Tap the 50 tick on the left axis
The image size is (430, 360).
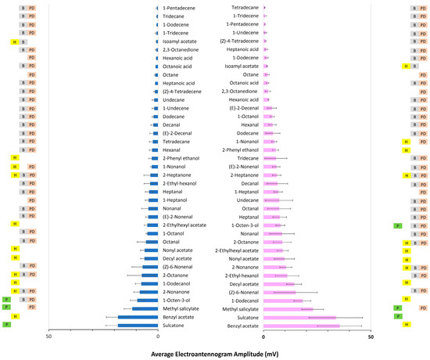(x=48, y=337)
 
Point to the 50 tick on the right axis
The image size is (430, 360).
(x=371, y=337)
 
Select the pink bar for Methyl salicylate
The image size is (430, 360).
(x=288, y=308)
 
